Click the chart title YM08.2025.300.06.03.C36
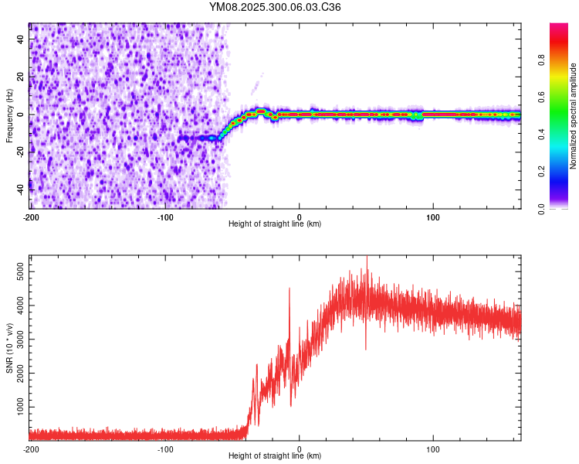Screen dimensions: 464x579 [x=276, y=7]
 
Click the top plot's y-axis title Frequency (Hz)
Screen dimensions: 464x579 [x=9, y=115]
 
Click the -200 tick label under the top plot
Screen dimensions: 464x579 [x=31, y=216]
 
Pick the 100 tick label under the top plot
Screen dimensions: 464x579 [x=433, y=216]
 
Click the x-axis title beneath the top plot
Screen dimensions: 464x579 [x=275, y=224]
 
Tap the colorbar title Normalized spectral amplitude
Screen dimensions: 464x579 [x=574, y=116]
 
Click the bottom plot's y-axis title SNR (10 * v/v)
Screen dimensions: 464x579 [x=9, y=347]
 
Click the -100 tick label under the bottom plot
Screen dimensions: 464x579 [x=165, y=449]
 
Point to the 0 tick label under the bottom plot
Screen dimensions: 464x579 [x=300, y=449]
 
